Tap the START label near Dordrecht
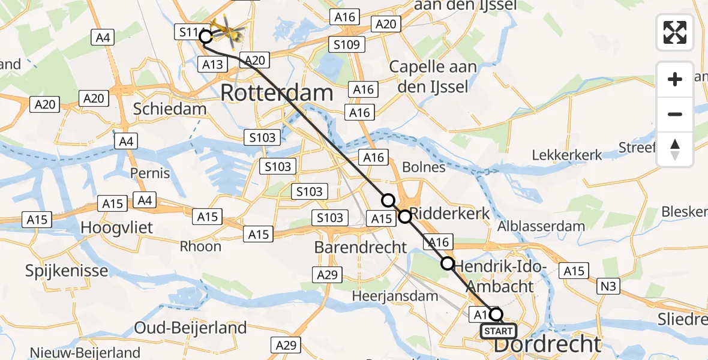498,331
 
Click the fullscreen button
675,32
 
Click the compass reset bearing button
675,149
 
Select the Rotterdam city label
277,93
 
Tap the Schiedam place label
170,109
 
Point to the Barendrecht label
361,246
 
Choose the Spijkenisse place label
67,270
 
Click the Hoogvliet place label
117,228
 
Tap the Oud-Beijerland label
190,328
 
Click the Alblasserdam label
541,226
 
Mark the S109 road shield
347,44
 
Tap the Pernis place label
150,173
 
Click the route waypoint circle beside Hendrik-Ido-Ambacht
448,263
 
